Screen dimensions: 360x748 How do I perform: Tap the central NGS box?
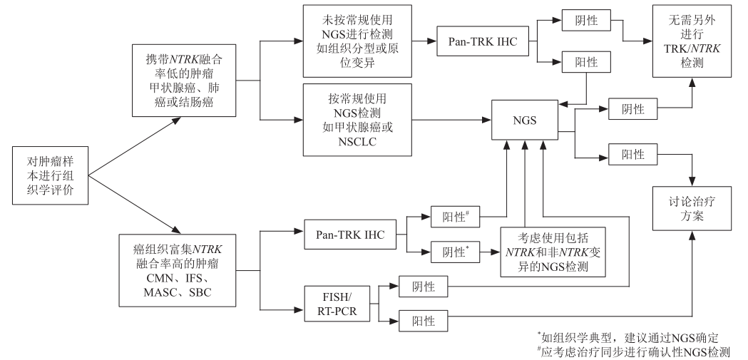[x=524, y=121]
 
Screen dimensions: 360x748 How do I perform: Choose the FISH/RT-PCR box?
[x=334, y=301]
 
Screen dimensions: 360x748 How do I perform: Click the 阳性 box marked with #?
[x=457, y=215]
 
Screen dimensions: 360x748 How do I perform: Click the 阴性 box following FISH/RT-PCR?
[x=424, y=287]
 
